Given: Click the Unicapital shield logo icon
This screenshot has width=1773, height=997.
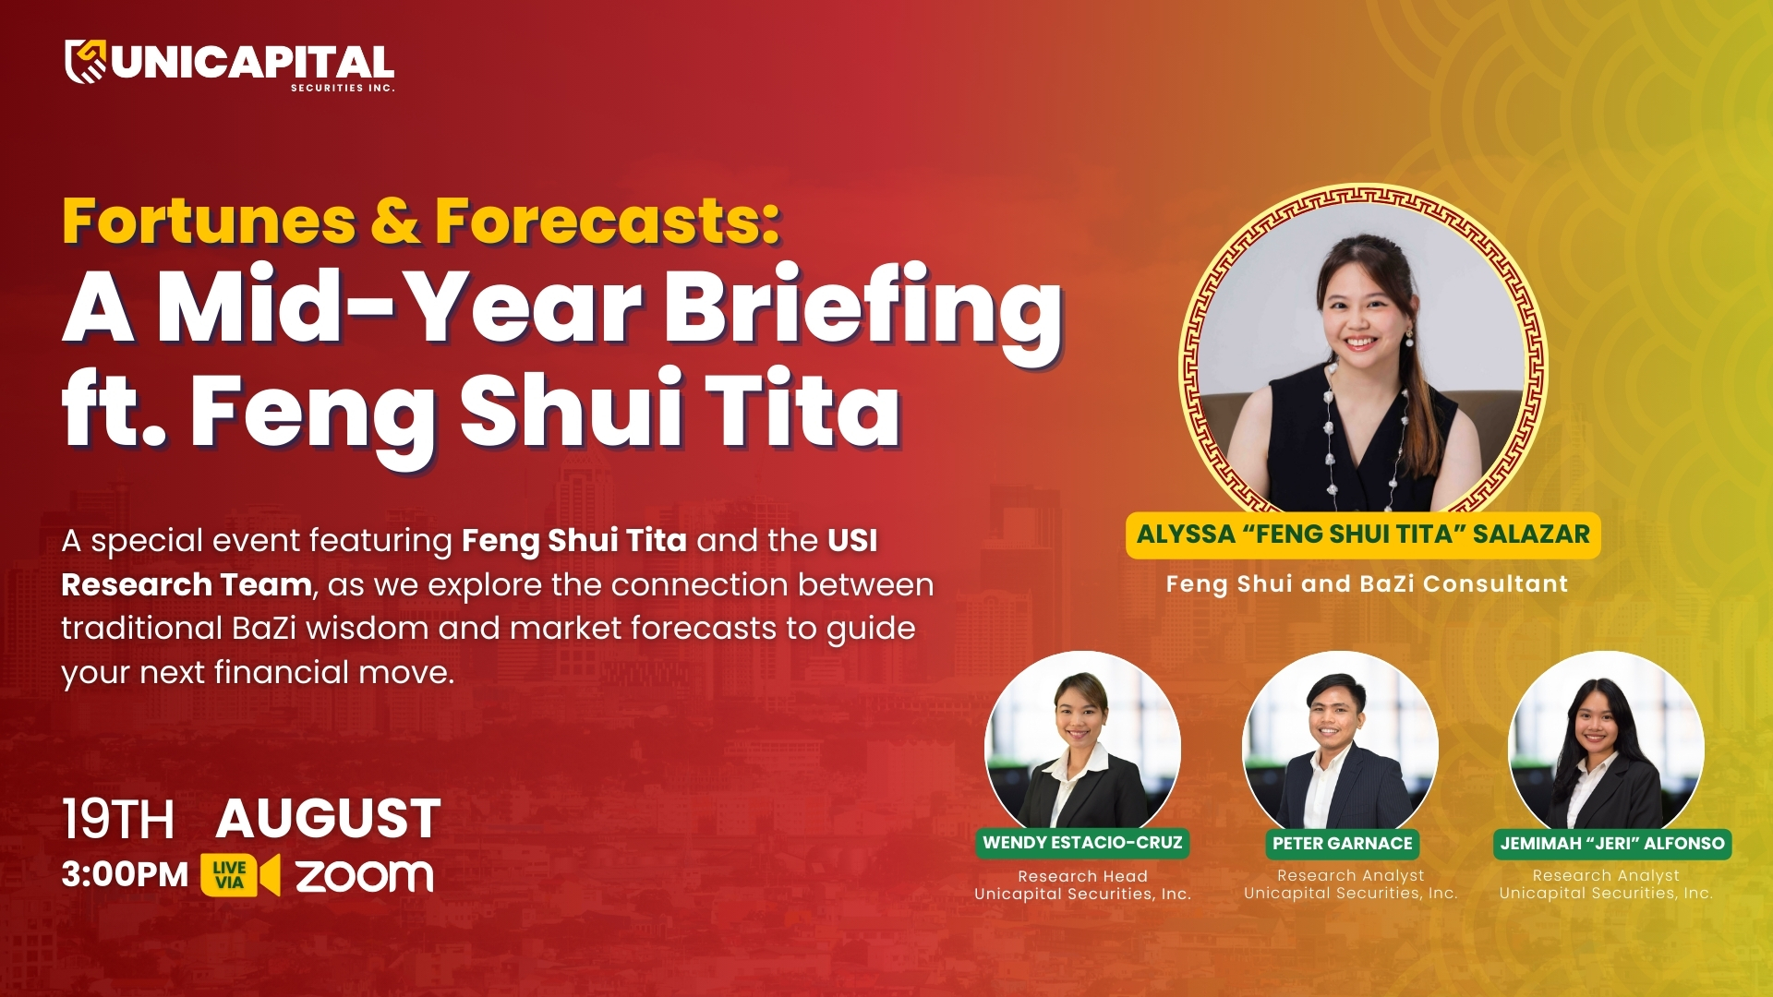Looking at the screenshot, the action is (86, 61).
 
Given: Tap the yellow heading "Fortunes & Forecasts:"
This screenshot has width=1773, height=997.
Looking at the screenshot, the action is (421, 222).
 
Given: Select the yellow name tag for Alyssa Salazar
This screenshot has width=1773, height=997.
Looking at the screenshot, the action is (1363, 535).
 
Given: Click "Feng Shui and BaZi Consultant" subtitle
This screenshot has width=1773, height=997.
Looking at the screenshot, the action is (1367, 583).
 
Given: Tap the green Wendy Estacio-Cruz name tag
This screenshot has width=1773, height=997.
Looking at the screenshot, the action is (1082, 843).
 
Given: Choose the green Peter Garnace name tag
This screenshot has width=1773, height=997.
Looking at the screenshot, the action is (1343, 843).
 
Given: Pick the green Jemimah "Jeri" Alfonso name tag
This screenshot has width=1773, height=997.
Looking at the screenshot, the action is (1612, 843).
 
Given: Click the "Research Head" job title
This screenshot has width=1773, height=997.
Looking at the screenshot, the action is (1082, 876).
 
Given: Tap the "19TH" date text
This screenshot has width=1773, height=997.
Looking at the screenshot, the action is (118, 820).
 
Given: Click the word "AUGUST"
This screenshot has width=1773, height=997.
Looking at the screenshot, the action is (329, 819).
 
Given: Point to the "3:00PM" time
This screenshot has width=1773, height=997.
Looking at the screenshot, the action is (125, 874).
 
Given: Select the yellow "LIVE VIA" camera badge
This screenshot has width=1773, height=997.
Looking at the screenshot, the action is (240, 875).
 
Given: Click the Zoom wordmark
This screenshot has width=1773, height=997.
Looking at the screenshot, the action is (364, 876).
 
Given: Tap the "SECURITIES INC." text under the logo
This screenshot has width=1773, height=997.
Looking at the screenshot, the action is (343, 88).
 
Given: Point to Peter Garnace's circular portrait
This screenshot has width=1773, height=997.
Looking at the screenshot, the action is (1341, 741).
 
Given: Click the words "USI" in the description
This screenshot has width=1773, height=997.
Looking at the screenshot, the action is (852, 540).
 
